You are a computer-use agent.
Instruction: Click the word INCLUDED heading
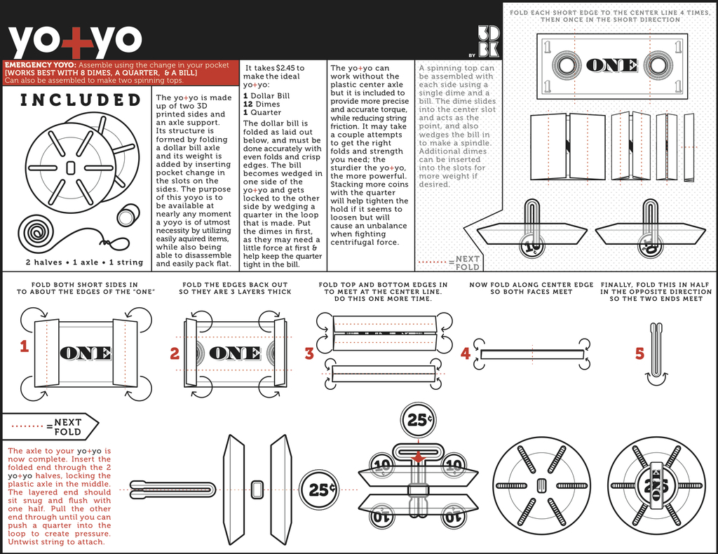(81, 100)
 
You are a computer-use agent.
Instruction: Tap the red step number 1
(24, 346)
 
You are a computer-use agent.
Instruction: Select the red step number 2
(175, 354)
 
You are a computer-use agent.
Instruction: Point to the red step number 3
(309, 354)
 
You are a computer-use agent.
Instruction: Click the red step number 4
(465, 353)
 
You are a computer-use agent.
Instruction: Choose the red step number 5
(639, 353)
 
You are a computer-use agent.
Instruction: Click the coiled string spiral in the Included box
(36, 233)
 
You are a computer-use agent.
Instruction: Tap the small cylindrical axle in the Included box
(128, 215)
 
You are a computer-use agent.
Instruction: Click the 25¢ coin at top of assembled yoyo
(419, 421)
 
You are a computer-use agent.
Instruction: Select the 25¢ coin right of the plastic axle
(319, 489)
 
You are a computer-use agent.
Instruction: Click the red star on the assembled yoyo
(419, 457)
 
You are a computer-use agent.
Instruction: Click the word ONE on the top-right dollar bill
(611, 66)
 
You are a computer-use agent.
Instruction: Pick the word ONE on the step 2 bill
(235, 353)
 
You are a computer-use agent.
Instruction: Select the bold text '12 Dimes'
(261, 104)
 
